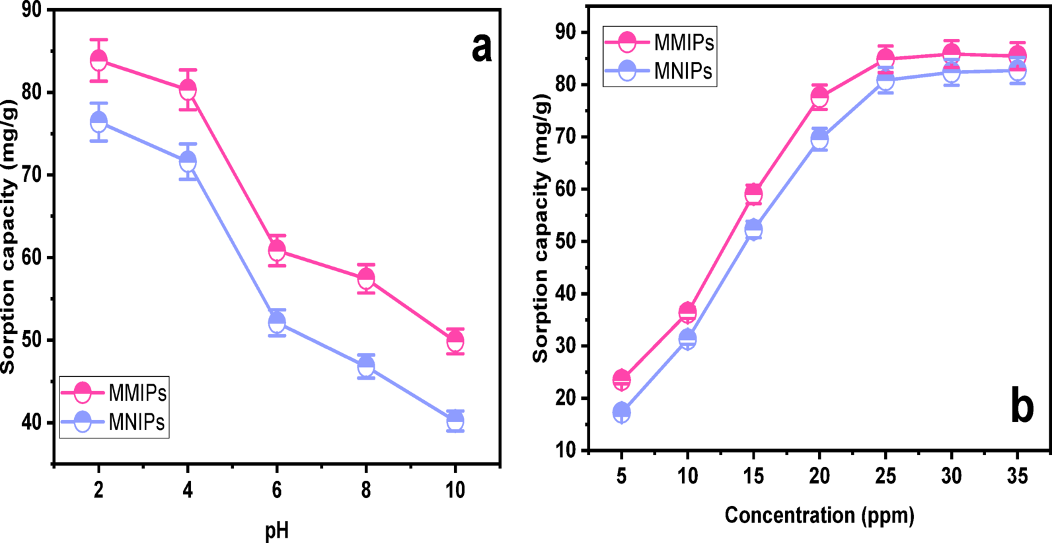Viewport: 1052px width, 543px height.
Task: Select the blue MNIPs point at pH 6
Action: (277, 323)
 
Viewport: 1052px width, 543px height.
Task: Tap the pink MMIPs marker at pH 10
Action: (455, 341)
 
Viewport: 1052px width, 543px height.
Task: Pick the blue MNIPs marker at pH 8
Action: (366, 366)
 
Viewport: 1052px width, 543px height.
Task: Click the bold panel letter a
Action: (482, 48)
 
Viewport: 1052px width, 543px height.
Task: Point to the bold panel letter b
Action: (1022, 407)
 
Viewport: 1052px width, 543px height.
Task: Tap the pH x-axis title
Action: (277, 530)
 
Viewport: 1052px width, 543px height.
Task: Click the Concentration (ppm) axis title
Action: (819, 515)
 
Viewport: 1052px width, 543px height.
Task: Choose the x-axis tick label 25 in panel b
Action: (885, 476)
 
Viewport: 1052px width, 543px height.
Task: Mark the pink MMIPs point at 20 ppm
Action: (819, 97)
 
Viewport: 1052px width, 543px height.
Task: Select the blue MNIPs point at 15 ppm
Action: (753, 230)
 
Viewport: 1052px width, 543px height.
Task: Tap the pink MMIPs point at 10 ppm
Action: (687, 312)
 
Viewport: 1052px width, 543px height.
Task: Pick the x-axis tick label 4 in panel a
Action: (188, 490)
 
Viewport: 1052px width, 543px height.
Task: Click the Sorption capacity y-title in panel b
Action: (541, 228)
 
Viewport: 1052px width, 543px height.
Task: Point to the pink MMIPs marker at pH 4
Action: (188, 89)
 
